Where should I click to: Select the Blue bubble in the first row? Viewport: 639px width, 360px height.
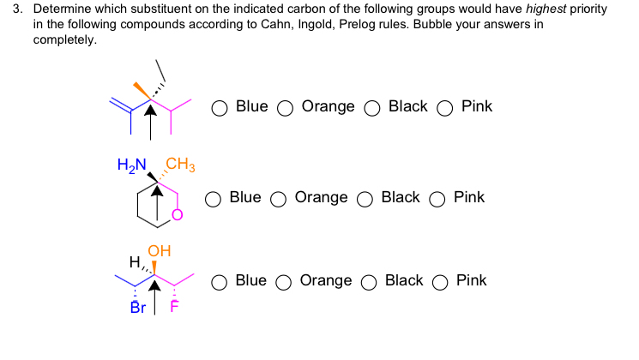coord(220,108)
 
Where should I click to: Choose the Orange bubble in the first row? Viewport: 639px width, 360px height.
coord(286,108)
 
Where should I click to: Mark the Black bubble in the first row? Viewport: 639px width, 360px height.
coord(372,108)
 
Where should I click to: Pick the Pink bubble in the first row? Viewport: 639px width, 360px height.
coord(445,108)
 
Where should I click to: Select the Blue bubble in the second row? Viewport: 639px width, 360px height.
coord(214,199)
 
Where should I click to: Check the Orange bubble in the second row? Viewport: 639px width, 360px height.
coord(279,199)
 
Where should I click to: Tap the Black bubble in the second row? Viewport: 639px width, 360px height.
coord(365,199)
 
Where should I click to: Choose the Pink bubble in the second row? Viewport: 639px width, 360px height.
coord(438,199)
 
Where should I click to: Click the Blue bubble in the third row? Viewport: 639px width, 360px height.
coord(220,282)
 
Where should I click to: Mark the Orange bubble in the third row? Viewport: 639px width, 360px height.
coord(285,282)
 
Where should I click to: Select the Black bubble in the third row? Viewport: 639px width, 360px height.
coord(371,282)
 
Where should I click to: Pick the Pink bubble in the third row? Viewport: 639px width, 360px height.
coord(442,282)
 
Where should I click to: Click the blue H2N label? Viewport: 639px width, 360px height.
coord(131,164)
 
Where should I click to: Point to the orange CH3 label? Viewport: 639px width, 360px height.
coord(180,164)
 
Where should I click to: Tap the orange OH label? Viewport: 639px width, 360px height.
coord(160,251)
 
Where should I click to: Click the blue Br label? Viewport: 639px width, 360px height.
coord(138,308)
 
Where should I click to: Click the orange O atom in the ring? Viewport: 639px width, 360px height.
coord(178,215)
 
